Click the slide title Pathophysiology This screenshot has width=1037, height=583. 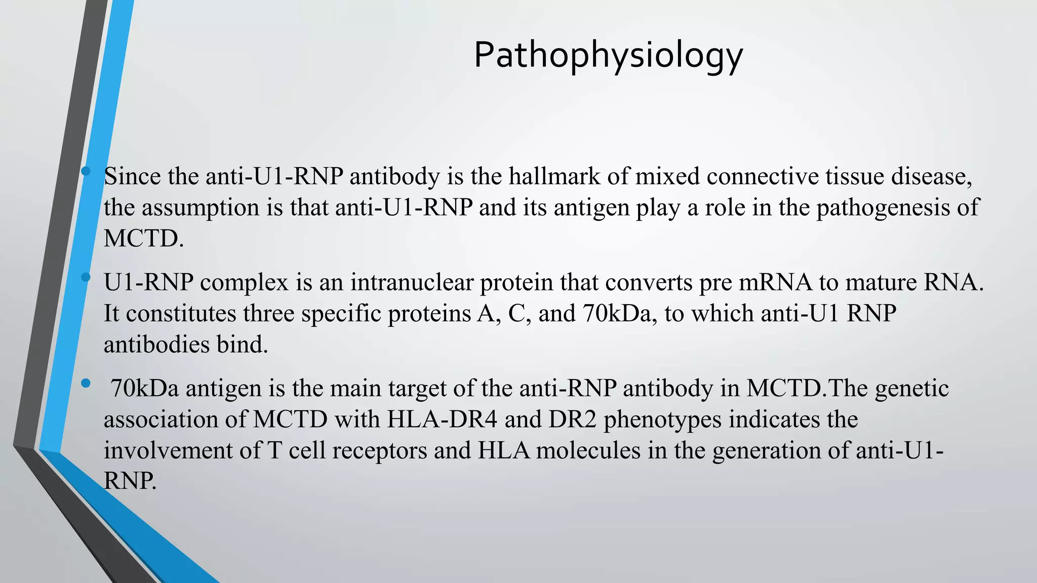point(608,56)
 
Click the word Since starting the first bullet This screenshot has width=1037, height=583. point(132,177)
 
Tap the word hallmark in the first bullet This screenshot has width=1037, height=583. point(568,177)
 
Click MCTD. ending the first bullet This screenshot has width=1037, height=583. point(143,238)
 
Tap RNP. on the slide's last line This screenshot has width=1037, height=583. point(130,481)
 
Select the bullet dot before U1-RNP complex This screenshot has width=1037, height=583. point(86,277)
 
